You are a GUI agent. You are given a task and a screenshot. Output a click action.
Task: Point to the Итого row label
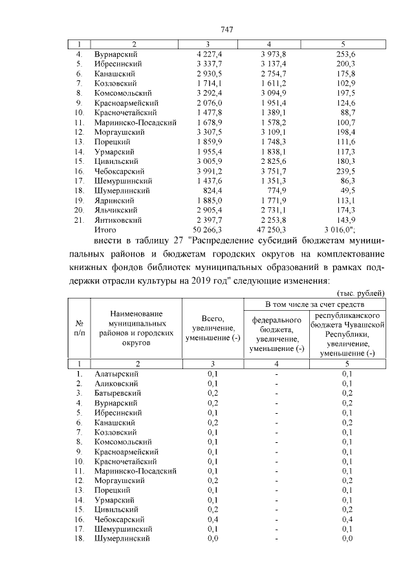click(105, 230)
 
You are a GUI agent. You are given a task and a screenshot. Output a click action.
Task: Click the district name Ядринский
click(115, 201)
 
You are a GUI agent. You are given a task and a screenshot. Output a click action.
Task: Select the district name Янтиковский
click(117, 220)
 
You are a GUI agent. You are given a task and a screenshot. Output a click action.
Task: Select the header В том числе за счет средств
click(315, 304)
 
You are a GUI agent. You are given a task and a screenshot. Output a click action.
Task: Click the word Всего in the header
click(212, 319)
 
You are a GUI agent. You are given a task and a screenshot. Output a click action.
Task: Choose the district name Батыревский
click(118, 393)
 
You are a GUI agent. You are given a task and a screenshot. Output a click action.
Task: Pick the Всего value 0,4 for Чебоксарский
click(212, 519)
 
